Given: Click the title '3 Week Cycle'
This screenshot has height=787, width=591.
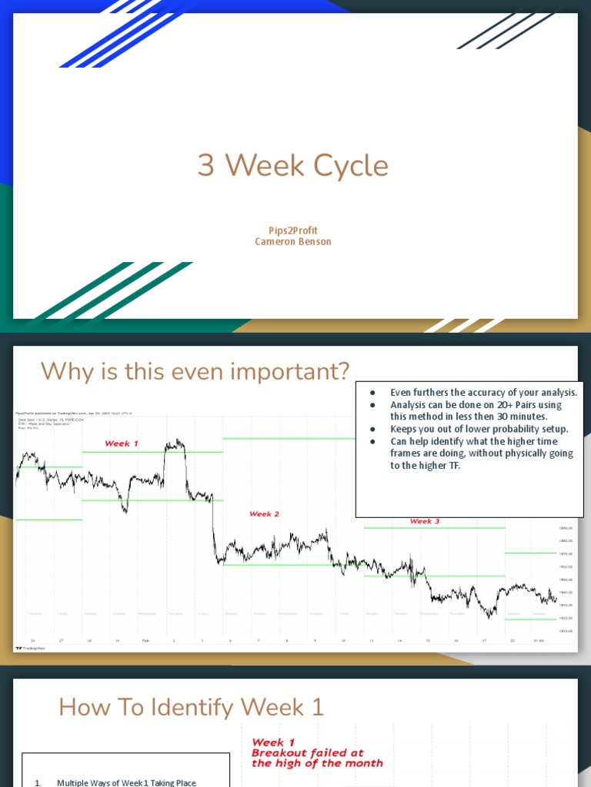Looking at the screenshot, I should pyautogui.click(x=293, y=165).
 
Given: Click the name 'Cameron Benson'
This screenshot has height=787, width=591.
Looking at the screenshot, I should pyautogui.click(x=293, y=241).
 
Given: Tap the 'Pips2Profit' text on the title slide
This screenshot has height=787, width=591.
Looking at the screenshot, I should pyautogui.click(x=293, y=230).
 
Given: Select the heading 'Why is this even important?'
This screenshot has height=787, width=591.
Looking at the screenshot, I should pyautogui.click(x=195, y=371).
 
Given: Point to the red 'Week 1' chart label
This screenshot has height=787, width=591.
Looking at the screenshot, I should pyautogui.click(x=122, y=443).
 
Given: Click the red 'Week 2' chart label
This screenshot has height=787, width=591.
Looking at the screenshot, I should pyautogui.click(x=264, y=513).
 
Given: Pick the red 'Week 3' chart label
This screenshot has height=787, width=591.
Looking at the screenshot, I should pyautogui.click(x=425, y=521).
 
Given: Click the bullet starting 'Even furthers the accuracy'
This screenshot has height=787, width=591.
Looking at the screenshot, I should pyautogui.click(x=483, y=393).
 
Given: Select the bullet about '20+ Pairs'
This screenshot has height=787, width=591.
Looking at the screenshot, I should pyautogui.click(x=476, y=410).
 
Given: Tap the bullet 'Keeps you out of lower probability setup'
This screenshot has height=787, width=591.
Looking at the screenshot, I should pyautogui.click(x=479, y=429).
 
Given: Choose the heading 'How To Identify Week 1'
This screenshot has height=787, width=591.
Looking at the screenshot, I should pyautogui.click(x=192, y=707).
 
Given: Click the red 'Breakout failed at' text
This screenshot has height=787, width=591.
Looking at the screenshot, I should pyautogui.click(x=307, y=753).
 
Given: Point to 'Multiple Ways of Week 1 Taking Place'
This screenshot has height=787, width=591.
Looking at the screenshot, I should pyautogui.click(x=126, y=782).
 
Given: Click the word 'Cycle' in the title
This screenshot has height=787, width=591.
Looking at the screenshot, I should pyautogui.click(x=356, y=165).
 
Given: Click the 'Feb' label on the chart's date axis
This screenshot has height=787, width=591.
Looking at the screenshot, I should pyautogui.click(x=145, y=640).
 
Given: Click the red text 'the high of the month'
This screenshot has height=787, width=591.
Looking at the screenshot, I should pyautogui.click(x=316, y=763).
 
